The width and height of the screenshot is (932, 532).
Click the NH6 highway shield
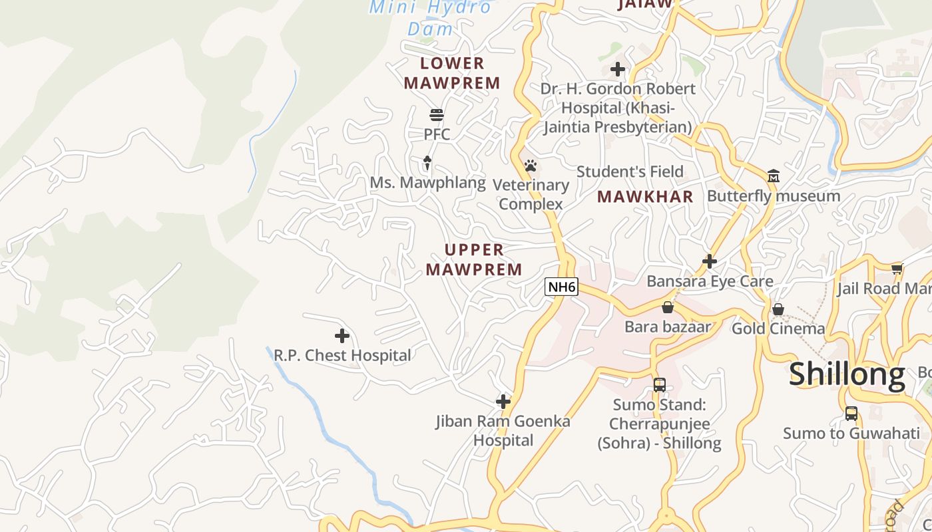[561, 287]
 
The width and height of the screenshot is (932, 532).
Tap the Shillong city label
[847, 374]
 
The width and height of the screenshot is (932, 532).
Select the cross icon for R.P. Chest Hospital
[342, 336]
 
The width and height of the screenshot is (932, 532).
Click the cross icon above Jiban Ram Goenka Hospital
[503, 401]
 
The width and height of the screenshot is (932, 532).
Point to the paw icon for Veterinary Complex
[530, 166]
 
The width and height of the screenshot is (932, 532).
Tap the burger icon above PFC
[437, 115]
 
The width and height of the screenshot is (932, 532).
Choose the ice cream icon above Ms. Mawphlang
[427, 163]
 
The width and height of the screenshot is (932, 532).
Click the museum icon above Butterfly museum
[774, 176]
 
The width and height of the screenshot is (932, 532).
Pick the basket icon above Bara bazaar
[668, 307]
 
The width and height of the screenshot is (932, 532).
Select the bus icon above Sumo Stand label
[660, 384]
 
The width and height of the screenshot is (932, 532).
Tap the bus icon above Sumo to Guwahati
[851, 414]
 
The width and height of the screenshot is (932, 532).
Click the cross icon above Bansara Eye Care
[710, 261]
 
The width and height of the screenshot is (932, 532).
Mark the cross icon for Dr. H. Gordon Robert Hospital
[618, 68]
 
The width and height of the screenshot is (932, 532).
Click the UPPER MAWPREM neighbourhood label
[474, 259]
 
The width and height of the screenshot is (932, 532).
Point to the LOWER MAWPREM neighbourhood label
[452, 73]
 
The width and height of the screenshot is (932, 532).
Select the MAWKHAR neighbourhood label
[645, 197]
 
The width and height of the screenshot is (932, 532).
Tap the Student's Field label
[630, 172]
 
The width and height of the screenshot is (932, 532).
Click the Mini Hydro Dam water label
[431, 18]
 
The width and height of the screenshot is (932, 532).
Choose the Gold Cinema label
[778, 329]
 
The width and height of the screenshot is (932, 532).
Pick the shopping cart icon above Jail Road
[897, 269]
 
